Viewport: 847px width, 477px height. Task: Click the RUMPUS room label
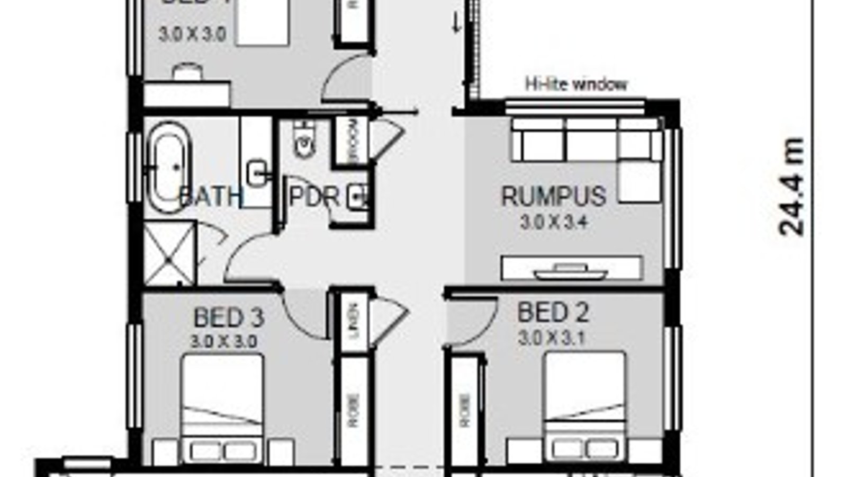click(x=553, y=197)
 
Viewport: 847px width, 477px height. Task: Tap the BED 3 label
click(x=229, y=318)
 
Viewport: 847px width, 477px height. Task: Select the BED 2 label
click(x=553, y=313)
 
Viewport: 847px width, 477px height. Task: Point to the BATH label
click(x=211, y=197)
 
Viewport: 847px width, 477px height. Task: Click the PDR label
click(x=314, y=197)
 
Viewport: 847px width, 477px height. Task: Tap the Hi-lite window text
click(x=576, y=84)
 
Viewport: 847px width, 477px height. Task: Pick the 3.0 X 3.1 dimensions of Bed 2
click(x=552, y=338)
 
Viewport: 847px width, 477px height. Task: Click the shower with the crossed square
click(x=170, y=253)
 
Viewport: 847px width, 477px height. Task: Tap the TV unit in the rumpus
click(x=572, y=269)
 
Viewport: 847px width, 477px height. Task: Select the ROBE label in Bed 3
click(x=354, y=411)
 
